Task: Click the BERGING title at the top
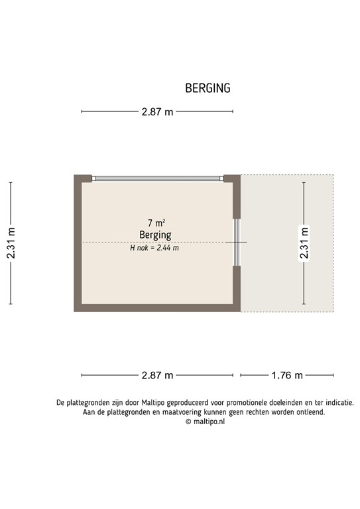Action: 208,88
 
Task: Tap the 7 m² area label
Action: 156,223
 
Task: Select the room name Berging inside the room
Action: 155,235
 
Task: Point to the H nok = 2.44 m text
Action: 154,248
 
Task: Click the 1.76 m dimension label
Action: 287,375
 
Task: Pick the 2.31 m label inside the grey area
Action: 304,244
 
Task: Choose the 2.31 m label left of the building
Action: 11,244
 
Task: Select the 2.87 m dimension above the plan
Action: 157,112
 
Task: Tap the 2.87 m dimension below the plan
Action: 157,375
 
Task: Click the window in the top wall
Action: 157,178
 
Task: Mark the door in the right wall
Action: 236,243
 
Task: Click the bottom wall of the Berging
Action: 157,308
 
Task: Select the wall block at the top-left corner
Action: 82,178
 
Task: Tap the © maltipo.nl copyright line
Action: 205,421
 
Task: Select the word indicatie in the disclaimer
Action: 335,402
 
